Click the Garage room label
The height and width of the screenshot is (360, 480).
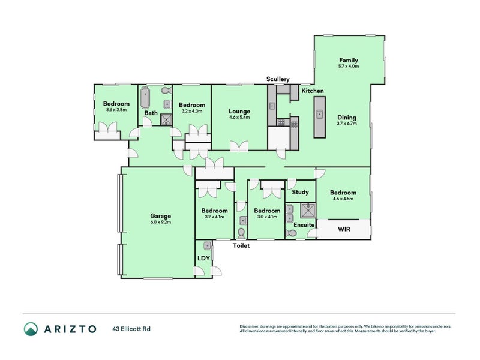(160, 216)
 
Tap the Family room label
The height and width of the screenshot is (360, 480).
(349, 60)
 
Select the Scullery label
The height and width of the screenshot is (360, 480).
(278, 79)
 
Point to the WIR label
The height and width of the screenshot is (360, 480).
(344, 229)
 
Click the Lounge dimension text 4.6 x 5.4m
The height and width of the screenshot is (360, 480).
(239, 118)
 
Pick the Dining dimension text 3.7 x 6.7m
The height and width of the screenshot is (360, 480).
(347, 124)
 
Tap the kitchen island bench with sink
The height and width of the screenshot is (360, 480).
(319, 115)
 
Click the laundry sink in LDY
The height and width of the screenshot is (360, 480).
(207, 246)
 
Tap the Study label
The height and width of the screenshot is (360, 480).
(301, 192)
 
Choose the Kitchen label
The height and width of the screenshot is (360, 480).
(313, 91)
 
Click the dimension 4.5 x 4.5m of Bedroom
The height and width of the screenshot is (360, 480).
(342, 199)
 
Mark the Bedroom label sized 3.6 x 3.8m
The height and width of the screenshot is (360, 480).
(116, 104)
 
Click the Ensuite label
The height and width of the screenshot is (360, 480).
(304, 224)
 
